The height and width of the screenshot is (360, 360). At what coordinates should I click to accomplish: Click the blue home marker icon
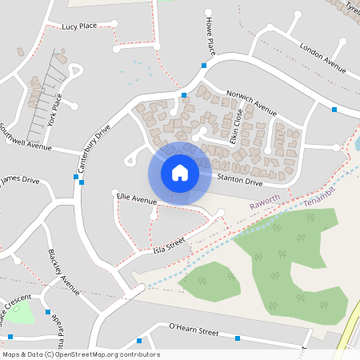tap(180, 172)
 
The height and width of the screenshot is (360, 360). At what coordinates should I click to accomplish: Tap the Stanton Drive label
tap(240, 182)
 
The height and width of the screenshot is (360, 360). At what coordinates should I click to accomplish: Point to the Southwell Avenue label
tap(25, 138)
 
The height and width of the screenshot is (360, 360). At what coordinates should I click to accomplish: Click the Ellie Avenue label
tap(137, 198)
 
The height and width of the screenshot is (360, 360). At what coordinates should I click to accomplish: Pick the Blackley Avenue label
tap(64, 272)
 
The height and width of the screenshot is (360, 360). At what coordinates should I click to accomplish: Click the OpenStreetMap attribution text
tap(81, 354)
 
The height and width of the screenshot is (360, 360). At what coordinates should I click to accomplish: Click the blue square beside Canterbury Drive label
tap(82, 182)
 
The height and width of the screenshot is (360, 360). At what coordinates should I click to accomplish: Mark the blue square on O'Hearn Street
tap(237, 338)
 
